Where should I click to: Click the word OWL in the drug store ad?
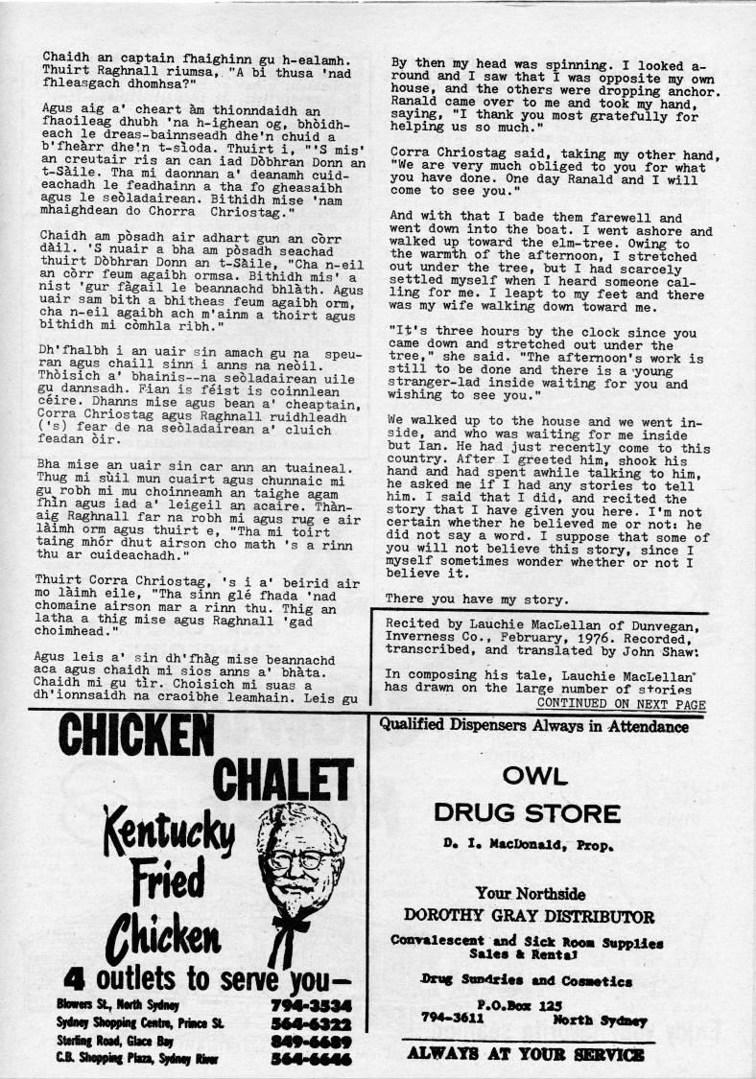[x=527, y=774]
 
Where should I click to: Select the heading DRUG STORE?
[x=527, y=814]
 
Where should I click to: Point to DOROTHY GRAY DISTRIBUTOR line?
[x=529, y=916]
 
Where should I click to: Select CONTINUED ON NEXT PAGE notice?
[x=621, y=705]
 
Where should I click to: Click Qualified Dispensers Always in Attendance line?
[x=534, y=726]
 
